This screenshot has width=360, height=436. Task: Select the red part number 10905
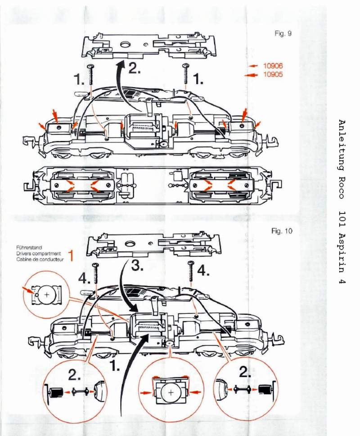[x=273, y=75]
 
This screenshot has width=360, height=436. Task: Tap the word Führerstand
[x=28, y=247]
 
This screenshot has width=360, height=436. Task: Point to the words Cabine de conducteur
[x=38, y=259]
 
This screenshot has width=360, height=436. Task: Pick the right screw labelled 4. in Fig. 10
[x=192, y=273]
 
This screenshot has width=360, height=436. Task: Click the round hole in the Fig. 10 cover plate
[x=130, y=245]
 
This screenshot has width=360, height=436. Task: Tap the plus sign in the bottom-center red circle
[x=171, y=392]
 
